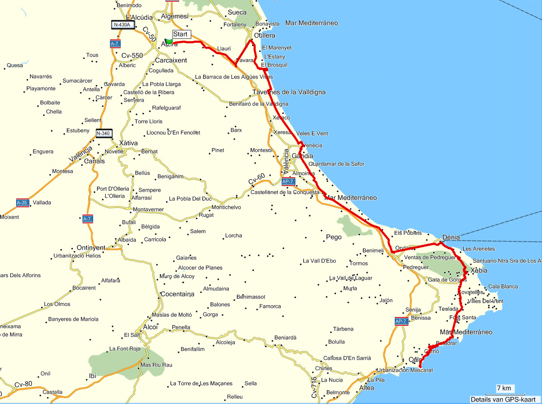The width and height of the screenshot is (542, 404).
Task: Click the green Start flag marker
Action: [169, 41]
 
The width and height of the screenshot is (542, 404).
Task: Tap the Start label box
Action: [181, 34]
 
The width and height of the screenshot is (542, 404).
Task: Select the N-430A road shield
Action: [123, 25]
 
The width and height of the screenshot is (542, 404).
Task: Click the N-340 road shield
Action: [104, 133]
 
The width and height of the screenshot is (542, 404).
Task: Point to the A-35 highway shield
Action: [22, 203]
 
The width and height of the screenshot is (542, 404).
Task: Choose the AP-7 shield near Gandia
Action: [288, 182]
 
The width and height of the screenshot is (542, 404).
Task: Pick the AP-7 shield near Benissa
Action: [401, 322]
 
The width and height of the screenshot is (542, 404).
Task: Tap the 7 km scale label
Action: [504, 388]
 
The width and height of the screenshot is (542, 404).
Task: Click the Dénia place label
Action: [451, 238]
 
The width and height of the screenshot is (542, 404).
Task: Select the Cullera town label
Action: [265, 36]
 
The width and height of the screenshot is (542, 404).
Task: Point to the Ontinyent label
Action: [91, 248]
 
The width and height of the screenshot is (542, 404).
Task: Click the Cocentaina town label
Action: [178, 294]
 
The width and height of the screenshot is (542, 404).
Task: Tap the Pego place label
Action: [334, 237]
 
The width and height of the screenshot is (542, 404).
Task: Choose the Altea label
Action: [367, 388]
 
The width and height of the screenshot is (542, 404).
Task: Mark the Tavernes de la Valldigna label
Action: [289, 92]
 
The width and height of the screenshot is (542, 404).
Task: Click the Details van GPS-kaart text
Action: [503, 399]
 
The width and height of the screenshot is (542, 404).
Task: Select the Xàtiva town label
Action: [128, 143]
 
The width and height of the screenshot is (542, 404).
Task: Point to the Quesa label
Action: [15, 66]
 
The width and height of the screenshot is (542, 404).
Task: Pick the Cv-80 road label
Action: [24, 384]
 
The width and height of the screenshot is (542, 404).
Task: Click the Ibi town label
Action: [93, 376]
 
